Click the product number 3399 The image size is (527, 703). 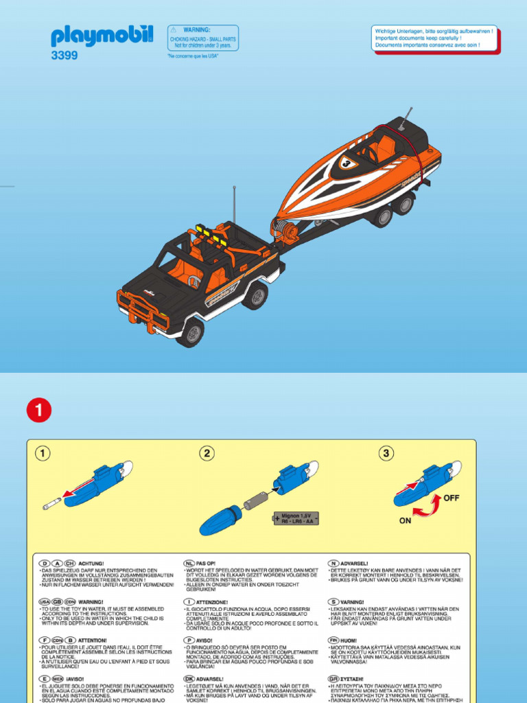64,56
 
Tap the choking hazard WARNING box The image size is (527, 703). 203,38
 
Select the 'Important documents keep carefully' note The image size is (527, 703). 434,38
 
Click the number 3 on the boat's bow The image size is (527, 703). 345,163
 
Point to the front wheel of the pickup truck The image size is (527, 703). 190,332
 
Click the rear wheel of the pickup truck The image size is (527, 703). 255,295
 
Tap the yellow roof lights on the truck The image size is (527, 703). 211,234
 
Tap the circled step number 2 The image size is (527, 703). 207,453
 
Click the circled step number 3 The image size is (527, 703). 387,453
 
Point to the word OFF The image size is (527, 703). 452,498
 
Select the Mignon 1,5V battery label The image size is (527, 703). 296,517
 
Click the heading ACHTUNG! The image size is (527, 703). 91,562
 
